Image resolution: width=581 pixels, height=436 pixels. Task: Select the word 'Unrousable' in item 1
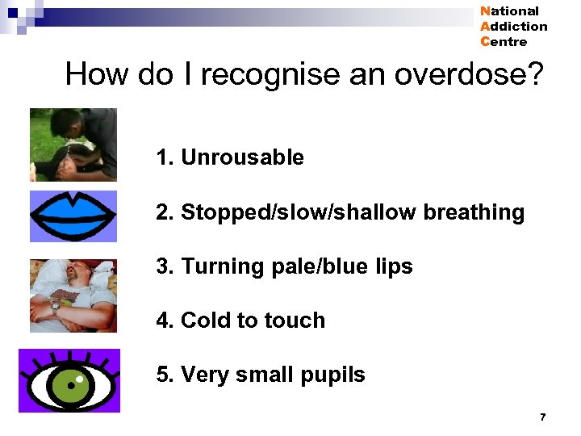click(242, 157)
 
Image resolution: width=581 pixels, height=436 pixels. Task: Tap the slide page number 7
click(542, 417)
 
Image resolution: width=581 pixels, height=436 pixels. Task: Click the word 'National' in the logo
click(509, 11)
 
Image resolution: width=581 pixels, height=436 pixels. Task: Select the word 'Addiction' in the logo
click(513, 27)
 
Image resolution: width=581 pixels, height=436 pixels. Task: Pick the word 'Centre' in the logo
click(504, 42)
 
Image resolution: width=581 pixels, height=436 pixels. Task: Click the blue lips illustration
click(73, 216)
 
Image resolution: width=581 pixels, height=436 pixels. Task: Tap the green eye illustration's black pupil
click(72, 386)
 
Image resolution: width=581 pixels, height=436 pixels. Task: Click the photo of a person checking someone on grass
click(73, 145)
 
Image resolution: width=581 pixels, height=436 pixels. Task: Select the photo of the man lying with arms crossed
click(73, 296)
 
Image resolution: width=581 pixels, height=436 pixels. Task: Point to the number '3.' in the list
click(165, 266)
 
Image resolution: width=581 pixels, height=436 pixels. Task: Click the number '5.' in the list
click(165, 375)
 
